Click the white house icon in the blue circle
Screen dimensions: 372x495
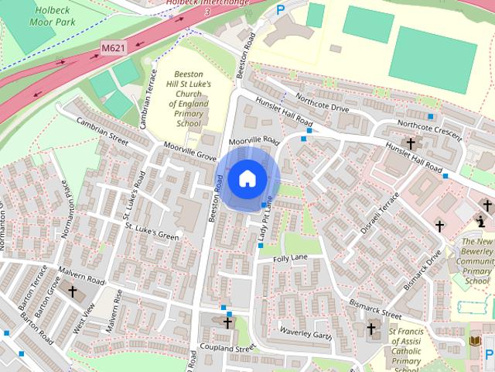tap(247, 179)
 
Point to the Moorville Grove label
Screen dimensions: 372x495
tap(189, 150)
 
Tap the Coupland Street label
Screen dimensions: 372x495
tap(227, 348)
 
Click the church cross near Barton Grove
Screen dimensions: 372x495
tap(73, 293)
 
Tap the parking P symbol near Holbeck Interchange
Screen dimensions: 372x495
tap(281, 11)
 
